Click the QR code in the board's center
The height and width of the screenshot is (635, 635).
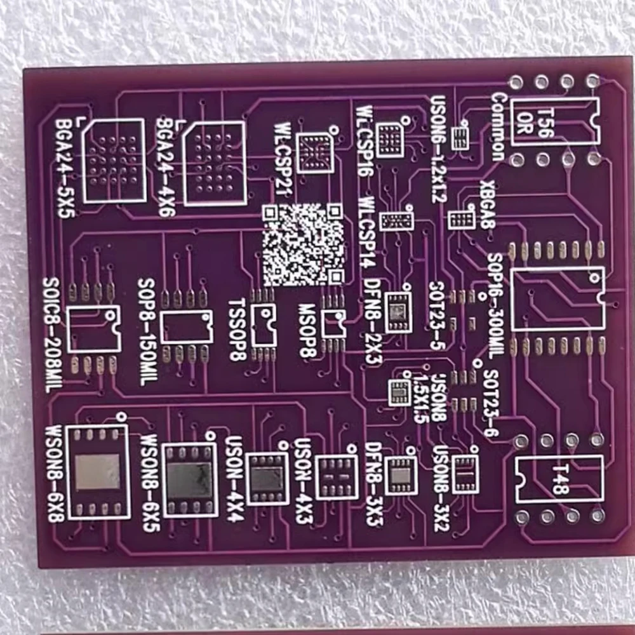click(304, 244)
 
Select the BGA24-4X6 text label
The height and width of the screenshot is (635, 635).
click(166, 167)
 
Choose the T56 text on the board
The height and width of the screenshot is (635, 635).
click(545, 121)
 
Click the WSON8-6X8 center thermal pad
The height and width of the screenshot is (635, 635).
click(97, 472)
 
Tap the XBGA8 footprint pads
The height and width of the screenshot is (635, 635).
click(460, 220)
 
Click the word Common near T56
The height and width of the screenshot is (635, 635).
click(498, 127)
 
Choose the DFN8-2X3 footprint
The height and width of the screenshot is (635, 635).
click(399, 312)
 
